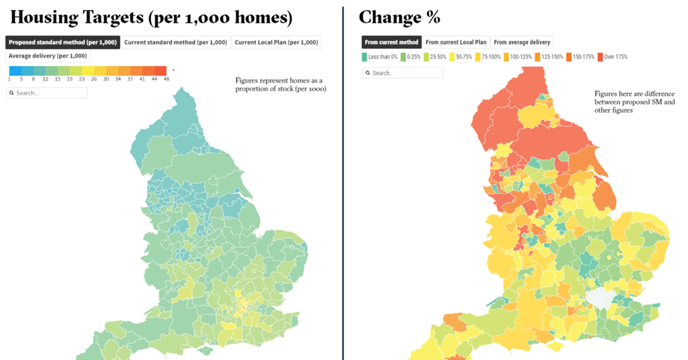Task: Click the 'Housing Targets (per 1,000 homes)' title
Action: point(151,17)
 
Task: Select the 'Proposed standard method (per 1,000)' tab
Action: point(63,42)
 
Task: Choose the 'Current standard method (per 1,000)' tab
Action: point(175,42)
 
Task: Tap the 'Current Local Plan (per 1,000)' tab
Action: point(275,42)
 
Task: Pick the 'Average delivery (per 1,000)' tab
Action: point(48,56)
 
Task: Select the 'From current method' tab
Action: point(392,42)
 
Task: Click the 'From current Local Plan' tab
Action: point(456,42)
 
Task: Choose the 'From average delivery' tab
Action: point(522,42)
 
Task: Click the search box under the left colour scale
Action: point(47,93)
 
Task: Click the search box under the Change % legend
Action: point(403,73)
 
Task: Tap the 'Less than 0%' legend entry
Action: point(380,57)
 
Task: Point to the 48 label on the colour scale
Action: point(165,79)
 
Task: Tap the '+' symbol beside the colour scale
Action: point(173,70)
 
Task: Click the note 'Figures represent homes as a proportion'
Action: point(280,84)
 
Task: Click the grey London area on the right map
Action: point(601,298)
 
